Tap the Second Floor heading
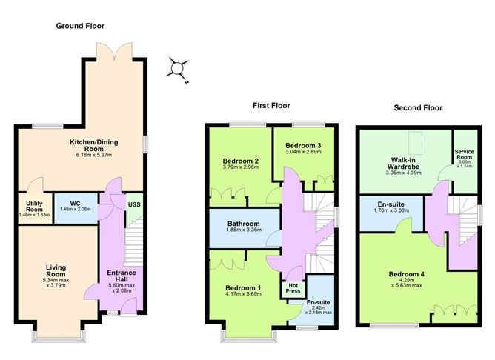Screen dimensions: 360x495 click(x=418, y=107)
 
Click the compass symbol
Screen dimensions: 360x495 click(x=177, y=69)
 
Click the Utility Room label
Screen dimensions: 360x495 click(x=33, y=207)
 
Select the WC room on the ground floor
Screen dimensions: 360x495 click(x=74, y=203)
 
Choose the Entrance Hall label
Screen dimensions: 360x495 click(x=122, y=276)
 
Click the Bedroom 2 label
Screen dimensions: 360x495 click(x=240, y=161)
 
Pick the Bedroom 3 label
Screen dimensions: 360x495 click(x=302, y=144)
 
